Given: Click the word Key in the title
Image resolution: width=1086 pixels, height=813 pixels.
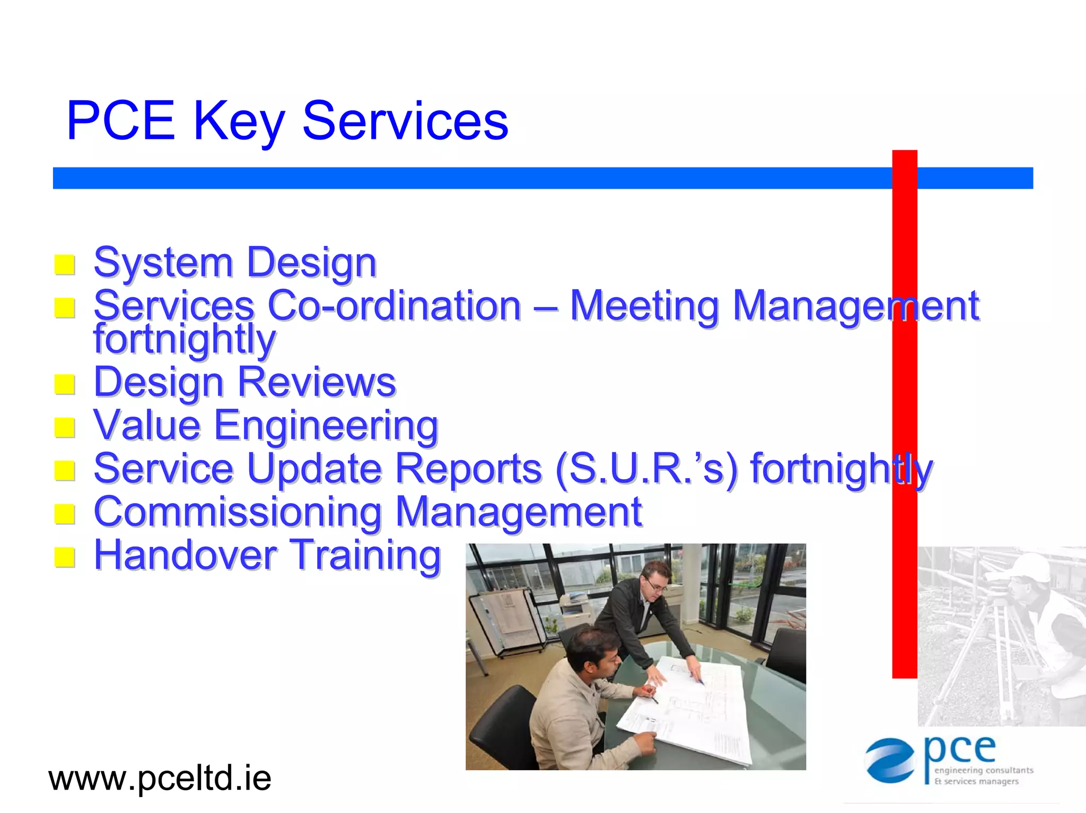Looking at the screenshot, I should [239, 122].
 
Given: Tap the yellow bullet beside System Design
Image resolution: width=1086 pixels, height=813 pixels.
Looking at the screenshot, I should [65, 264].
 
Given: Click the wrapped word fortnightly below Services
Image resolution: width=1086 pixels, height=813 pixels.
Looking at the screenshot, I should [184, 339].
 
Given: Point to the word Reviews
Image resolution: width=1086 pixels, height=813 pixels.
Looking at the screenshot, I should [317, 382].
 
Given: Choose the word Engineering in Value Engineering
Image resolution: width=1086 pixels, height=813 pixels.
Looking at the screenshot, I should [326, 426].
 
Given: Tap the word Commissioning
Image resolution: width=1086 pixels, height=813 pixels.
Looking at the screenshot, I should [238, 512].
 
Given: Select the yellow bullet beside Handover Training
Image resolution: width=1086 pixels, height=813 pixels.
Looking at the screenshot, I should [65, 557].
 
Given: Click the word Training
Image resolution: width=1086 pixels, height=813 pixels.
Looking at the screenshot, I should [366, 555].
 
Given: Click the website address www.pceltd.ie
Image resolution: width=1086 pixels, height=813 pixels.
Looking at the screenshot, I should [160, 778].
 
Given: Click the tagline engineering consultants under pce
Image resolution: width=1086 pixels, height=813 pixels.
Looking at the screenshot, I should [984, 770].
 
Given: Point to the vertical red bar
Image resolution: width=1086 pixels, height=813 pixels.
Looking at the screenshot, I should [905, 413].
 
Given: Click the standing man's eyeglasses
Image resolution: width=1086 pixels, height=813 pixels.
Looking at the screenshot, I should [656, 586].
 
